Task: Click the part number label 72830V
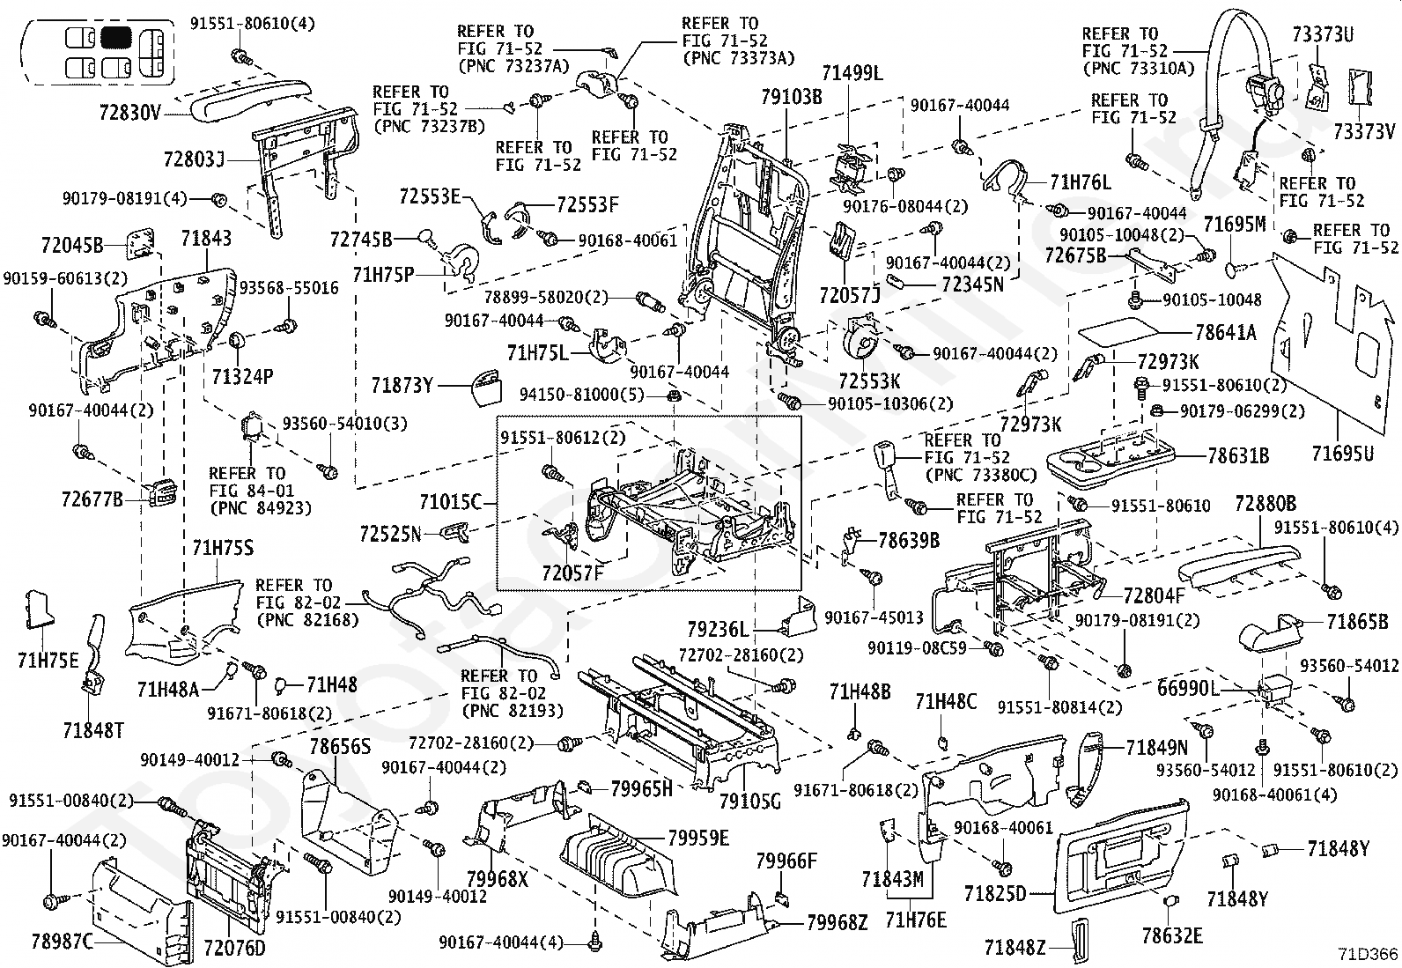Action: (x=130, y=113)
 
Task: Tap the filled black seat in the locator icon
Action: (x=115, y=38)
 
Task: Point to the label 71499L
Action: (x=852, y=73)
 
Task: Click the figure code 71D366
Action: (x=1368, y=954)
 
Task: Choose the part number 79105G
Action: (x=749, y=801)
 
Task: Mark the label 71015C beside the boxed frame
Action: (x=451, y=501)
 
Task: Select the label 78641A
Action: (x=1226, y=332)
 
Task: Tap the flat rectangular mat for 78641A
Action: (x=1118, y=332)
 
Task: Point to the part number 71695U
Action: (x=1342, y=453)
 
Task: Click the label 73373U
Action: (x=1323, y=33)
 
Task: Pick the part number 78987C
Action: (x=62, y=941)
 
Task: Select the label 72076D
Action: (x=235, y=948)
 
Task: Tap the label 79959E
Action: (x=697, y=838)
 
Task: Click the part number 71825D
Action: (x=995, y=893)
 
